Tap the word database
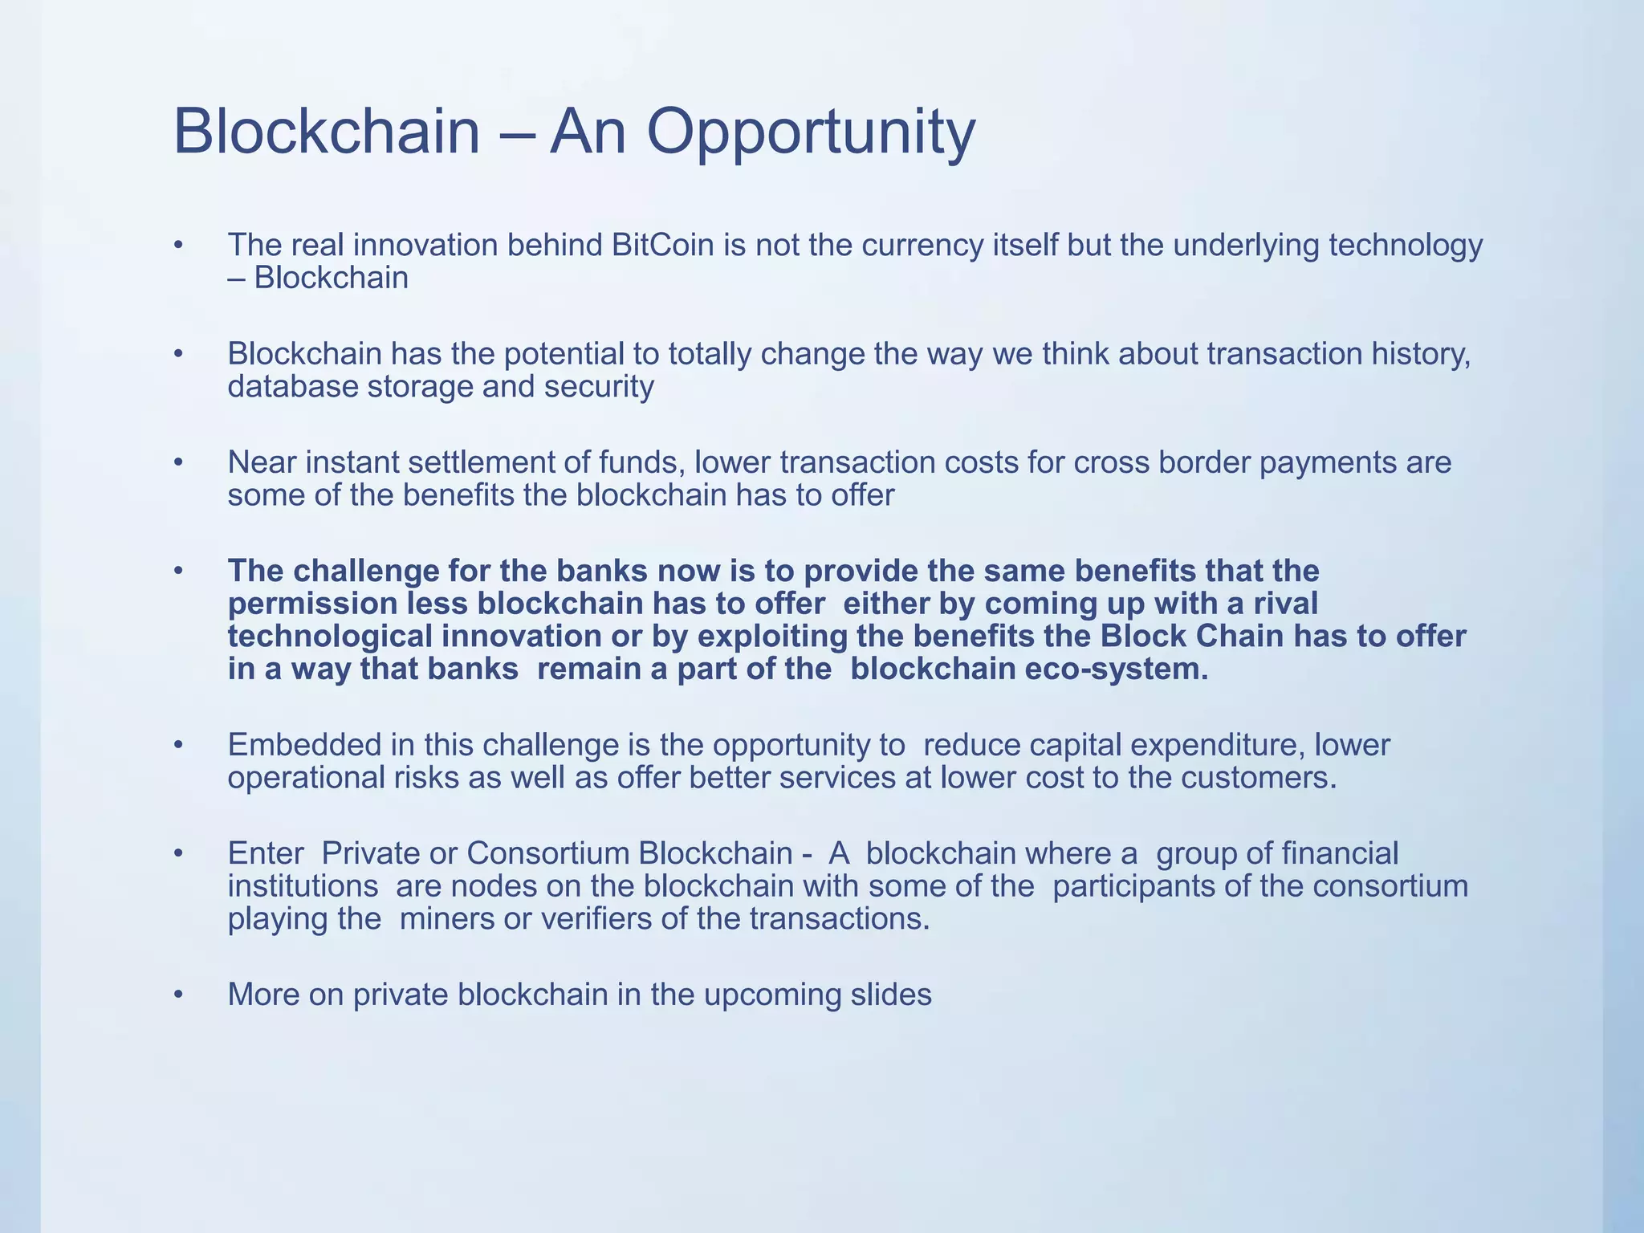292,386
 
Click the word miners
446,918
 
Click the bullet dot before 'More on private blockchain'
179,995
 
